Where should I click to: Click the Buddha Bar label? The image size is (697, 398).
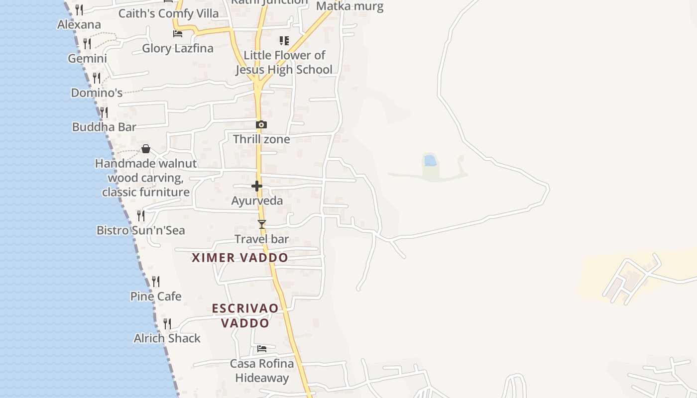coord(104,127)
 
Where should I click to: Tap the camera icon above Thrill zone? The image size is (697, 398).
coord(261,124)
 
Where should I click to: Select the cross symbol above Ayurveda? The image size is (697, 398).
coord(257,186)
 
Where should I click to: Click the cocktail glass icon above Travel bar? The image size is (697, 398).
coord(262,224)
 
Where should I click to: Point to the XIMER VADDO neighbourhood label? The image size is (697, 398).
coord(240,258)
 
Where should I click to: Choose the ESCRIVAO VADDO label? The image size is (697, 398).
coord(245,315)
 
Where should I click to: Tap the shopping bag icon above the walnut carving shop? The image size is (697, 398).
coord(146,149)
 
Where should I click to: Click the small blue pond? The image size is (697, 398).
coord(430,161)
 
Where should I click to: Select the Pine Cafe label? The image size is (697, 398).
coord(156,297)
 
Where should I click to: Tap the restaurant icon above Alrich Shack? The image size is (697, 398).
coord(167,324)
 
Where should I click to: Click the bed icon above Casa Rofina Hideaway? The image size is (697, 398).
coord(262,349)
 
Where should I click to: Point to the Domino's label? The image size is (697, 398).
coord(97,93)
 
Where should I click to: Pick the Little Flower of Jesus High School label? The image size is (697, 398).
coord(284,63)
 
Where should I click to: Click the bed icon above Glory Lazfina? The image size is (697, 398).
coord(178,34)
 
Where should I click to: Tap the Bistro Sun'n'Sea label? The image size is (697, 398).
coord(141,230)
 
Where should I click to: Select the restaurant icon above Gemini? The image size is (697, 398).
coord(87,44)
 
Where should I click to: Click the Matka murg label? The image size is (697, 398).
coord(350,6)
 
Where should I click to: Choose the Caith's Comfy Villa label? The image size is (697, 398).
coord(168,13)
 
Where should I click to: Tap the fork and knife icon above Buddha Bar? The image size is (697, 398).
coord(104,112)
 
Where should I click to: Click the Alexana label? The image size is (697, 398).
coord(79,24)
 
